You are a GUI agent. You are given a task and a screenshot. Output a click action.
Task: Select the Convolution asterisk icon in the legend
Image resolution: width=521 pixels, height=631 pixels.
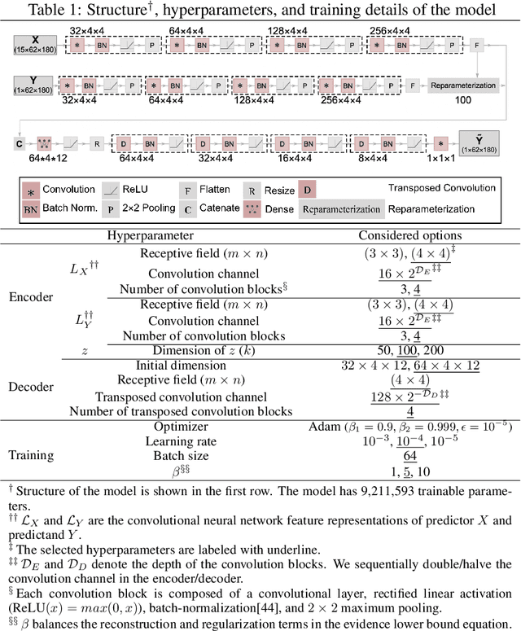point(32,190)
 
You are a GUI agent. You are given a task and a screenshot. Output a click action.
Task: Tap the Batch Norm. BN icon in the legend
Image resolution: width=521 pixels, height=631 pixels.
point(32,208)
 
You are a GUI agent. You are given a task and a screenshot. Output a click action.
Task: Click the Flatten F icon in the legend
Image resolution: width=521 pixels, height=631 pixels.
point(187,190)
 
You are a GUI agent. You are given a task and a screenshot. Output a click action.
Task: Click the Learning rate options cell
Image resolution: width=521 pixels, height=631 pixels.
point(410,442)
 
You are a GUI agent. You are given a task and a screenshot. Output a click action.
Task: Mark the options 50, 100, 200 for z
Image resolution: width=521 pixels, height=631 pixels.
point(410,349)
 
